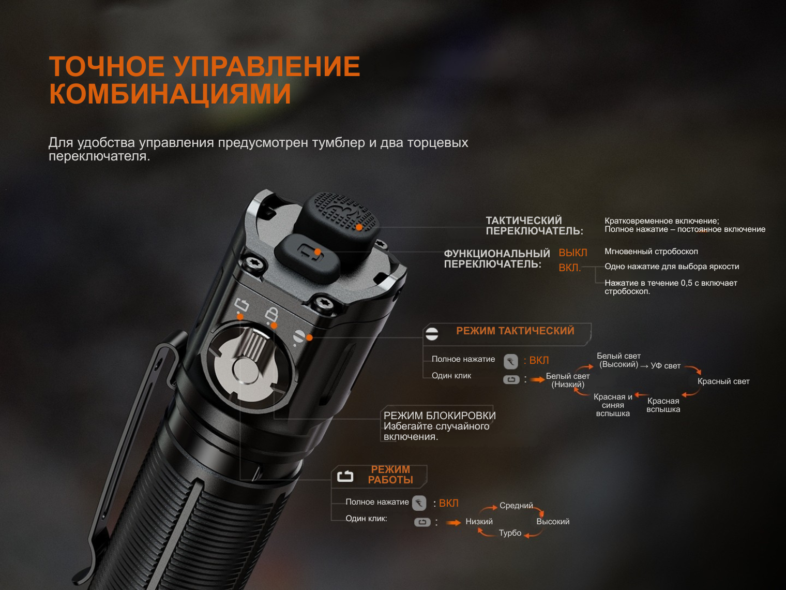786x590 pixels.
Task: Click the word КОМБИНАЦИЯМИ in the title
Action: coord(170,94)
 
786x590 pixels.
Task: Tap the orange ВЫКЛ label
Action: coord(572,253)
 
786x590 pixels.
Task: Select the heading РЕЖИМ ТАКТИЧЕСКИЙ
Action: coord(515,331)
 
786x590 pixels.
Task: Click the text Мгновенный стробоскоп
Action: coord(651,252)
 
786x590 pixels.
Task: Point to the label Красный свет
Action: coord(723,381)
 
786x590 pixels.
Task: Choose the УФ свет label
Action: coord(666,366)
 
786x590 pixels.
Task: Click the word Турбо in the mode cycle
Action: coord(510,533)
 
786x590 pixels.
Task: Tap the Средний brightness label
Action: coord(516,506)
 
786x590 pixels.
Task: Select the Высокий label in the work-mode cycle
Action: coord(553,522)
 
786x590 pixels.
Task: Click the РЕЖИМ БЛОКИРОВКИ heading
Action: coord(440,416)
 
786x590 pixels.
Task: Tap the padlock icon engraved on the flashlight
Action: coord(271,315)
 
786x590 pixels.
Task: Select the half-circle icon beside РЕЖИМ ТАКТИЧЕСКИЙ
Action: coord(432,334)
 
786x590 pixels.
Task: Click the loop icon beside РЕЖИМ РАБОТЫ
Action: coord(345,476)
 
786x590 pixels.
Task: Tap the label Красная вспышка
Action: coord(663,405)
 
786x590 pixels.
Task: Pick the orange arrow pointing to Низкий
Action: coord(454,523)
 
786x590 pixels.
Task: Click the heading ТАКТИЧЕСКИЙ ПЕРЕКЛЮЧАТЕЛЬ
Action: coord(534,226)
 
